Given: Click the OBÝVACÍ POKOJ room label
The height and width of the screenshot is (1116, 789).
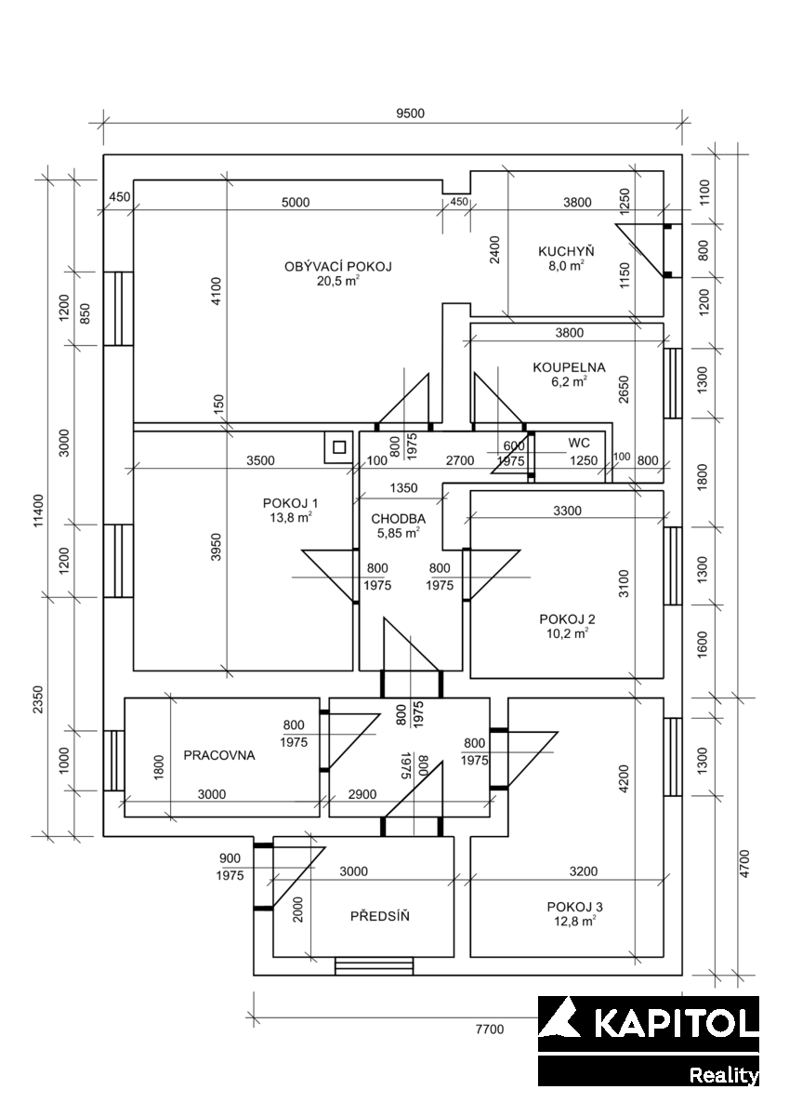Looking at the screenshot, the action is tap(338, 267).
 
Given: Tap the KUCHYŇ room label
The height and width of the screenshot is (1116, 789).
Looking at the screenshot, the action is tap(566, 251).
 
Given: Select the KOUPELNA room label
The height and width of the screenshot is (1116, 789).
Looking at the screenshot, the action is tap(569, 367).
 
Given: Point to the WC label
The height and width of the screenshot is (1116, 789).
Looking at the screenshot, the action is tap(579, 443).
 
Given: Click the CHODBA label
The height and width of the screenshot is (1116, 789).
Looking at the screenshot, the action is tap(399, 519).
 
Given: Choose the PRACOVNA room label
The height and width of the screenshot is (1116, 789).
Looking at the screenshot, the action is tap(219, 755).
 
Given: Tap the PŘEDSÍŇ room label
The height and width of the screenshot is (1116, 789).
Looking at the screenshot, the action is tap(380, 916).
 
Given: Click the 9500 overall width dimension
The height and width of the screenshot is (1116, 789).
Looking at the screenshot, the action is tap(410, 113).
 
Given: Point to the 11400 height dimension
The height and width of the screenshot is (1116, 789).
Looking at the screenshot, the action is tap(39, 511).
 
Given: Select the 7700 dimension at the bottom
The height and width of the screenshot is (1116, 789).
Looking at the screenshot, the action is tap(490, 1030).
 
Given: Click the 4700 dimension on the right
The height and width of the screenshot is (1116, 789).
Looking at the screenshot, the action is tap(744, 863).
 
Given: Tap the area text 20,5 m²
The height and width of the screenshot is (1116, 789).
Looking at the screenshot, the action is tap(338, 281).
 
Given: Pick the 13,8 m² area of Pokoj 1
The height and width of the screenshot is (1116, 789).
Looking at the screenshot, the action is tap(291, 518).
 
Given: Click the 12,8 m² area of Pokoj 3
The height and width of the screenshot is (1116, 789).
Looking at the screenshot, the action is tap(575, 922).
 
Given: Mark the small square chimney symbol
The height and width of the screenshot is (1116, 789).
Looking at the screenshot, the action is tap(339, 447).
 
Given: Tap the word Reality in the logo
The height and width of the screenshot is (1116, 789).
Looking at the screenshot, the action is tap(724, 1075).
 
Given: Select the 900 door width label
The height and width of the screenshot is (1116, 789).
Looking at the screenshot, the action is tap(230, 858).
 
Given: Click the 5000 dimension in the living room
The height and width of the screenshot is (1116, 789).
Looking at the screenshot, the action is tap(296, 203).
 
